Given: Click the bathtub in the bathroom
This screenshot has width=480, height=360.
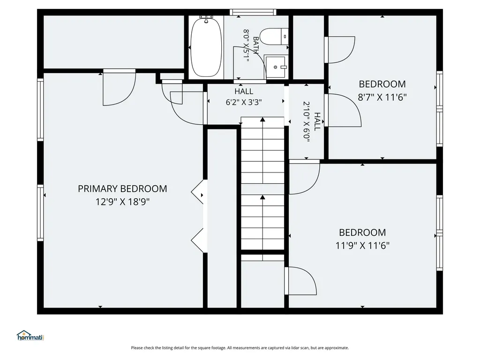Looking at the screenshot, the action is click(x=206, y=47).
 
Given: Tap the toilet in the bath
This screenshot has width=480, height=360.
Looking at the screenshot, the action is click(x=274, y=37).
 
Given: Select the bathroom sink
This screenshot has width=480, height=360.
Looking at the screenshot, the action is click(x=276, y=67).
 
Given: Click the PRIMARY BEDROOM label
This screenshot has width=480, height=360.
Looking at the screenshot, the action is click(x=122, y=188).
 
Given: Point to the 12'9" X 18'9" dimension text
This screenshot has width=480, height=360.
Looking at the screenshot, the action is click(x=122, y=202).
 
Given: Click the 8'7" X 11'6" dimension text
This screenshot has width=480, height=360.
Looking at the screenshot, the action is click(x=382, y=97).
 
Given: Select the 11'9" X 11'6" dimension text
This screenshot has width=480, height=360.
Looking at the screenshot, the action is click(x=362, y=246).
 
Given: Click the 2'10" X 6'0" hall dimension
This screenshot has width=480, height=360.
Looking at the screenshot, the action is click(x=307, y=122).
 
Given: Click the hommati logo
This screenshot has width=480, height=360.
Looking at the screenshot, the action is click(x=30, y=336).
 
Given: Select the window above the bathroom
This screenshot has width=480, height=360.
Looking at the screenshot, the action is click(x=253, y=12).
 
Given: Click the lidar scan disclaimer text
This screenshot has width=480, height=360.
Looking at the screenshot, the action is click(x=240, y=348).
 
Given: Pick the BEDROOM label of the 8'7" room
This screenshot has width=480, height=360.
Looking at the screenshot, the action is click(x=382, y=84).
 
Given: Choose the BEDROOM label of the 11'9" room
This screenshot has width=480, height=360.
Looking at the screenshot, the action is click(x=362, y=232).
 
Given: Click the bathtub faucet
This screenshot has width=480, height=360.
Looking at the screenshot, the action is click(x=206, y=19).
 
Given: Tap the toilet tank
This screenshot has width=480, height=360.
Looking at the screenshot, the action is click(x=285, y=37).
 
